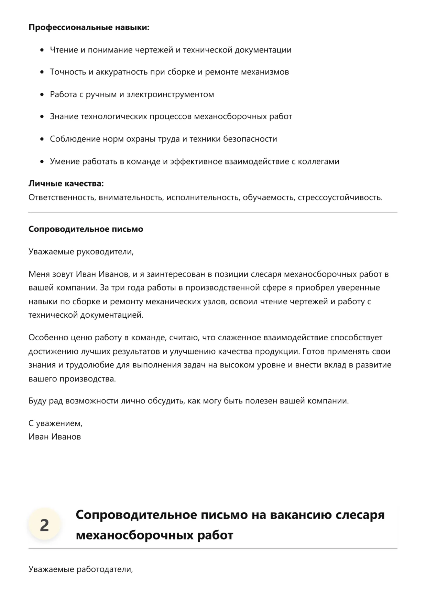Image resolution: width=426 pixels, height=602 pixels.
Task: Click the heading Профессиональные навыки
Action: pos(89,27)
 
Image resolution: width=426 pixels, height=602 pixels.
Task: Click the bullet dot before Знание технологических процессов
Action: pos(42,117)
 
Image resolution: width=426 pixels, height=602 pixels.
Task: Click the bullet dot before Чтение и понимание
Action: pos(42,50)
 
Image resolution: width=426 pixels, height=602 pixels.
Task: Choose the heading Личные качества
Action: pos(66,184)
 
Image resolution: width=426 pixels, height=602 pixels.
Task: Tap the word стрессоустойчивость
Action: pos(340,197)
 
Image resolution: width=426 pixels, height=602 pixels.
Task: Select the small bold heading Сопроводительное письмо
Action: pos(86,229)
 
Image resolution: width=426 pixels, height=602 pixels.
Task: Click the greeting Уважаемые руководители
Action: pos(81,252)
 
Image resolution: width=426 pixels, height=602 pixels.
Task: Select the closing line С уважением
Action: pos(55,423)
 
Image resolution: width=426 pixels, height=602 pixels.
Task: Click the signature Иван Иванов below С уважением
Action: pos(55,437)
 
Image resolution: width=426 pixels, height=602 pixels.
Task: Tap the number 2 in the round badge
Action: pos(44,525)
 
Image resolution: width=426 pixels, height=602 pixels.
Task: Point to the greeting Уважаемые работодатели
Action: pos(80,569)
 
